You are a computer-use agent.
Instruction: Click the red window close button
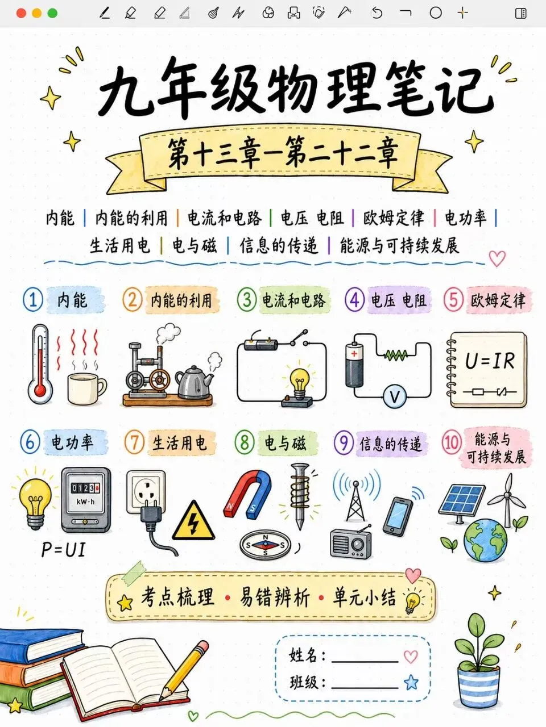pyautogui.click(x=21, y=13)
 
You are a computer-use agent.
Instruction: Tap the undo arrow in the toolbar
pyautogui.click(x=377, y=13)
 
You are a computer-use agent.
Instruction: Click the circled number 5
pyautogui.click(x=453, y=300)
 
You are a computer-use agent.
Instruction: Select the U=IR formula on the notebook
pyautogui.click(x=490, y=361)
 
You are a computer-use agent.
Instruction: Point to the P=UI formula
pyautogui.click(x=63, y=550)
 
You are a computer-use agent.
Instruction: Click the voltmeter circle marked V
pyautogui.click(x=394, y=396)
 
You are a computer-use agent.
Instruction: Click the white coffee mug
pyautogui.click(x=86, y=388)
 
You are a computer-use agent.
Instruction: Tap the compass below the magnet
pyautogui.click(x=265, y=545)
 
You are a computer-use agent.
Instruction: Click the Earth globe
pyautogui.click(x=485, y=540)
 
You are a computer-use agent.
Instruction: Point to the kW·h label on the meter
pyautogui.click(x=85, y=502)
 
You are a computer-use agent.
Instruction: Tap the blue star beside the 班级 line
pyautogui.click(x=411, y=682)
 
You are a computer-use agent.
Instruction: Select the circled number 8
pyautogui.click(x=245, y=442)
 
